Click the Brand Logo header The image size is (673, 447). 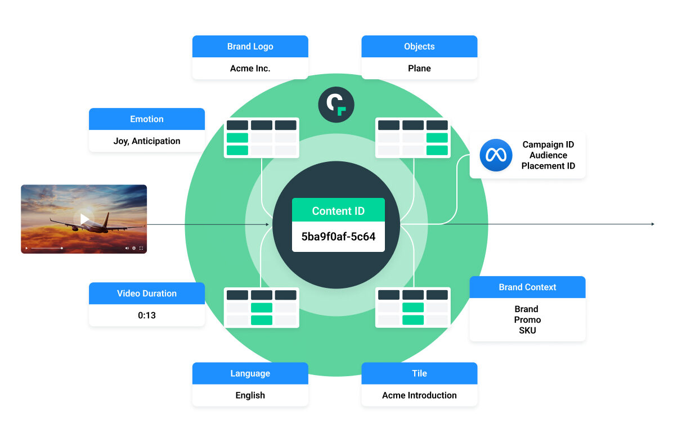coord(250,46)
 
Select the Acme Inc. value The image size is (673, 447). coord(250,68)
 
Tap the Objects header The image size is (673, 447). coord(419,46)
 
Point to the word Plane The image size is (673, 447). coord(419,68)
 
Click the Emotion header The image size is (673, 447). coord(147,119)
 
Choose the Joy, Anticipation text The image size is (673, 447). coord(147,141)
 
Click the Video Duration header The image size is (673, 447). coord(147,294)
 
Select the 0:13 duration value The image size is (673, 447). coord(147,315)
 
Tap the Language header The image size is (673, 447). coord(250,373)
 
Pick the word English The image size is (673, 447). coord(250,395)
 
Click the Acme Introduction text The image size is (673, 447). coord(419,395)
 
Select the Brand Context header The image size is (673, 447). coord(527,287)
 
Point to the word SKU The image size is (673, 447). coord(527,330)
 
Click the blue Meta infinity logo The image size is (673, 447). coord(496,155)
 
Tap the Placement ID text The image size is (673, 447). coord(548,166)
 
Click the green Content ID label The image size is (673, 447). coord(338,210)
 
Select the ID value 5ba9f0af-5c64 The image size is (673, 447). coord(338,236)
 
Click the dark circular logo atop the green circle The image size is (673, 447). coord(336,105)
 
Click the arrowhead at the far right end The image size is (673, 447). coord(653,224)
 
